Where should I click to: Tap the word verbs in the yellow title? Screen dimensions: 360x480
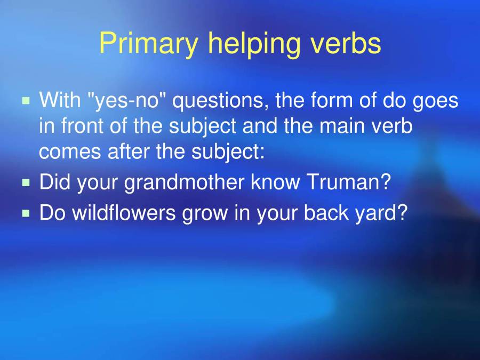[x=348, y=44]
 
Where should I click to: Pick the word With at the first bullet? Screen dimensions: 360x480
[x=59, y=100]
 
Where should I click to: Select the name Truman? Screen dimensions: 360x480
[x=348, y=183]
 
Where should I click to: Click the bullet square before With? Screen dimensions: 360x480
[x=26, y=100]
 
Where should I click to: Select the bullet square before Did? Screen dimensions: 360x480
[x=26, y=182]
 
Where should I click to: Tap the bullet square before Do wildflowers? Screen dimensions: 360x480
[x=26, y=213]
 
